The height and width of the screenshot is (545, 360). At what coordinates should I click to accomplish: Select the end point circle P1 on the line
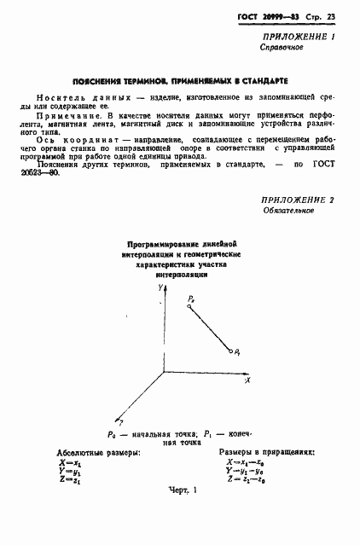pos(230,350)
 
